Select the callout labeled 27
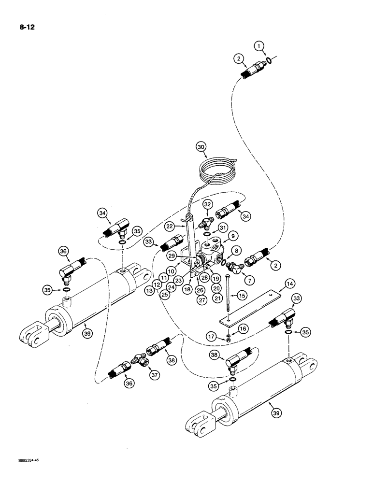coord(202,298)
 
